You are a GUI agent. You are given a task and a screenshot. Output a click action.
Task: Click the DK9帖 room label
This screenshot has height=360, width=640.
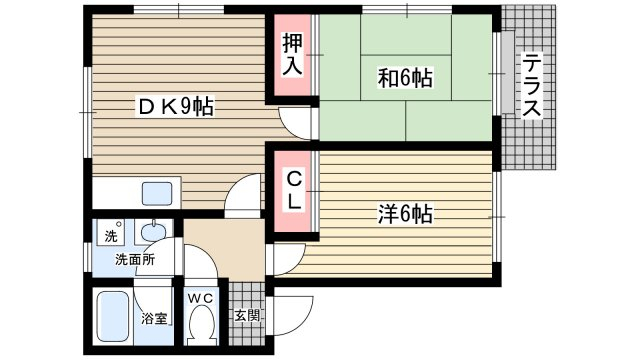[x=176, y=107]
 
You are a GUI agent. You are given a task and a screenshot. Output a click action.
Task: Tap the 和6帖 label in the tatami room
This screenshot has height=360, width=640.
[x=405, y=78]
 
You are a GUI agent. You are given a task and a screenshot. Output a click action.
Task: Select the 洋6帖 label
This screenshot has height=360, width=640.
[x=405, y=213]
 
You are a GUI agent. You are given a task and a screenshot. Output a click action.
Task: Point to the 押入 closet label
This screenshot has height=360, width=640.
[x=292, y=54]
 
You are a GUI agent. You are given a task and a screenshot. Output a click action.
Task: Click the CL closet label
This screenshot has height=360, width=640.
[x=293, y=191]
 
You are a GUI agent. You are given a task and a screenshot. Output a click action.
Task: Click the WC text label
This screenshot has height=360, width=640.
[x=201, y=299]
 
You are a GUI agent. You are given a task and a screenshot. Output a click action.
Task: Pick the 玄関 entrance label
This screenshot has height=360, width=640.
[x=247, y=315]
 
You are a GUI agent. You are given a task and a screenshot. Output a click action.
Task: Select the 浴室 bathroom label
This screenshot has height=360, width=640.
[x=155, y=318]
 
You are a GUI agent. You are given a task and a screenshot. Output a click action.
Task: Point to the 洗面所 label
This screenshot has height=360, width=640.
[x=135, y=260]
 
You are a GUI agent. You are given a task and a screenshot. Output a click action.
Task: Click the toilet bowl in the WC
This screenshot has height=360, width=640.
[x=200, y=324]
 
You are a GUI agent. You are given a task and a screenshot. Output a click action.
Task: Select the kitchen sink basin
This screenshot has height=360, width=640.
[x=157, y=193]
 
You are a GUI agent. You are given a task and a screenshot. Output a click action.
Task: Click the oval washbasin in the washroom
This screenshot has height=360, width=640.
[x=153, y=232]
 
